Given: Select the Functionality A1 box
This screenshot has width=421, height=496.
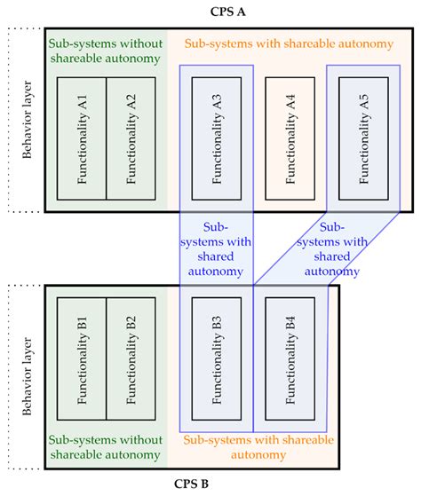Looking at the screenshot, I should pyautogui.click(x=82, y=138).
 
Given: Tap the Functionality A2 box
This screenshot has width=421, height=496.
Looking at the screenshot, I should pyautogui.click(x=131, y=138).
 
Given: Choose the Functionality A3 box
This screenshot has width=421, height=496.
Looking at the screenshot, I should pyautogui.click(x=216, y=138).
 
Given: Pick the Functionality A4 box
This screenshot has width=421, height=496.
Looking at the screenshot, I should pyautogui.click(x=290, y=138).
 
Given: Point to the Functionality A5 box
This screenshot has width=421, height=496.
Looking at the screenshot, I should pyautogui.click(x=362, y=138).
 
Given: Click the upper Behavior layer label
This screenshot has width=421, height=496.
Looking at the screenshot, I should pyautogui.click(x=27, y=120).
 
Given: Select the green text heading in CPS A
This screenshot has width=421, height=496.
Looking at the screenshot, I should pyautogui.click(x=104, y=49).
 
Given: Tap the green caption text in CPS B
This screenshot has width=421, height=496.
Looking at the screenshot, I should pyautogui.click(x=104, y=446).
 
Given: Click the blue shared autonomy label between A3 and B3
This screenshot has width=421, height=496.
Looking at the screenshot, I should pyautogui.click(x=216, y=248).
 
